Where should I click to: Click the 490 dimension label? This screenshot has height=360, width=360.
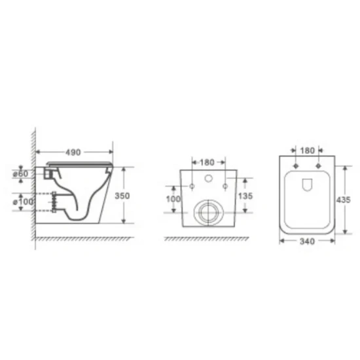pyautogui.click(x=73, y=153)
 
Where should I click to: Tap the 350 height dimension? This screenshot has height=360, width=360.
pyautogui.click(x=122, y=196)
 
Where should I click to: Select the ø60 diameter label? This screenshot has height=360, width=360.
pyautogui.click(x=21, y=174)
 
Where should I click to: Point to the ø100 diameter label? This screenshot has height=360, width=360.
pyautogui.click(x=23, y=202)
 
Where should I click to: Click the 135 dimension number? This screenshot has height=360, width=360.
pyautogui.click(x=245, y=196)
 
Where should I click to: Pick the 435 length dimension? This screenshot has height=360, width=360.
pyautogui.click(x=344, y=200)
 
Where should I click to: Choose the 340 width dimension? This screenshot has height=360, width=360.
pyautogui.click(x=307, y=242)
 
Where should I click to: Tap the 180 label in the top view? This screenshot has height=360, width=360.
pyautogui.click(x=307, y=151)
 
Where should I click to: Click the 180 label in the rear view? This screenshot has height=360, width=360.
pyautogui.click(x=207, y=162)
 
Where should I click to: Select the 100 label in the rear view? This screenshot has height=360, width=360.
pyautogui.click(x=173, y=199)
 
